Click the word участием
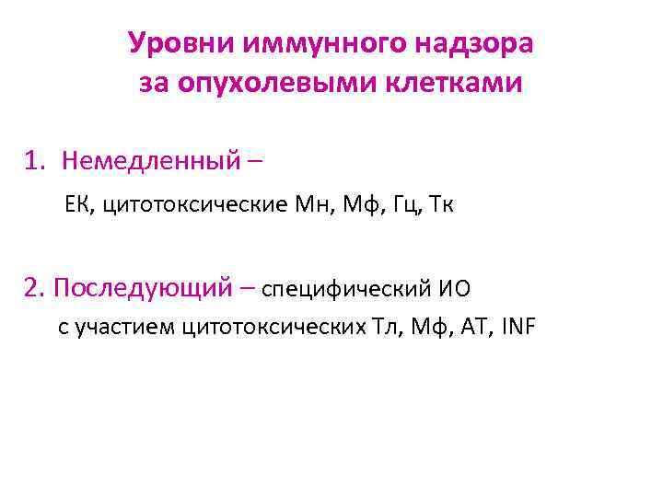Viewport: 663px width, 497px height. click(x=125, y=327)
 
